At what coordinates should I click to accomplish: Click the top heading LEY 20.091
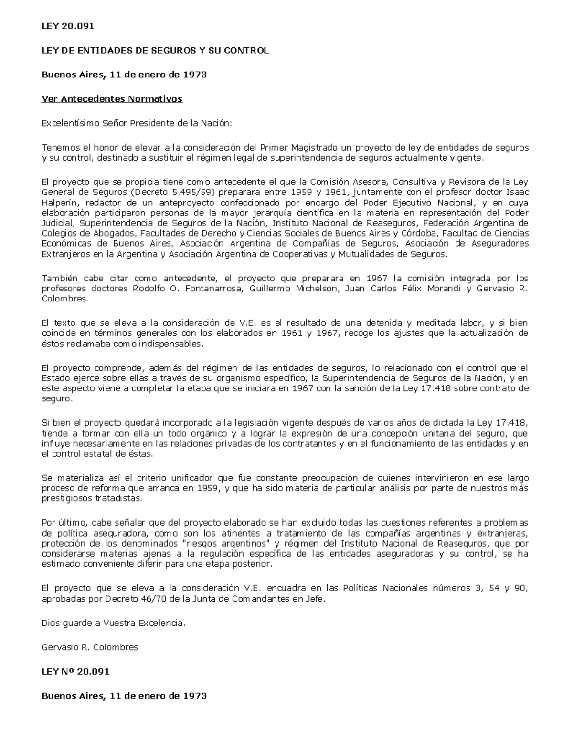point(68,26)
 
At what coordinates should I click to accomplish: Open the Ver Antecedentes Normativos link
point(112,99)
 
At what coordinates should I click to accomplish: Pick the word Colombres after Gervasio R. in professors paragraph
point(65,299)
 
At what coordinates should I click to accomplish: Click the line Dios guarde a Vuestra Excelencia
point(113,623)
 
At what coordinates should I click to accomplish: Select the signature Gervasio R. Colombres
point(90,647)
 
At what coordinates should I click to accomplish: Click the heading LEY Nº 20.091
point(76,671)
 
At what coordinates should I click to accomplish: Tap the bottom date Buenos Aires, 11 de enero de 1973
point(124,696)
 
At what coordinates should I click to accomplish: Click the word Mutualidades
point(366,254)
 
